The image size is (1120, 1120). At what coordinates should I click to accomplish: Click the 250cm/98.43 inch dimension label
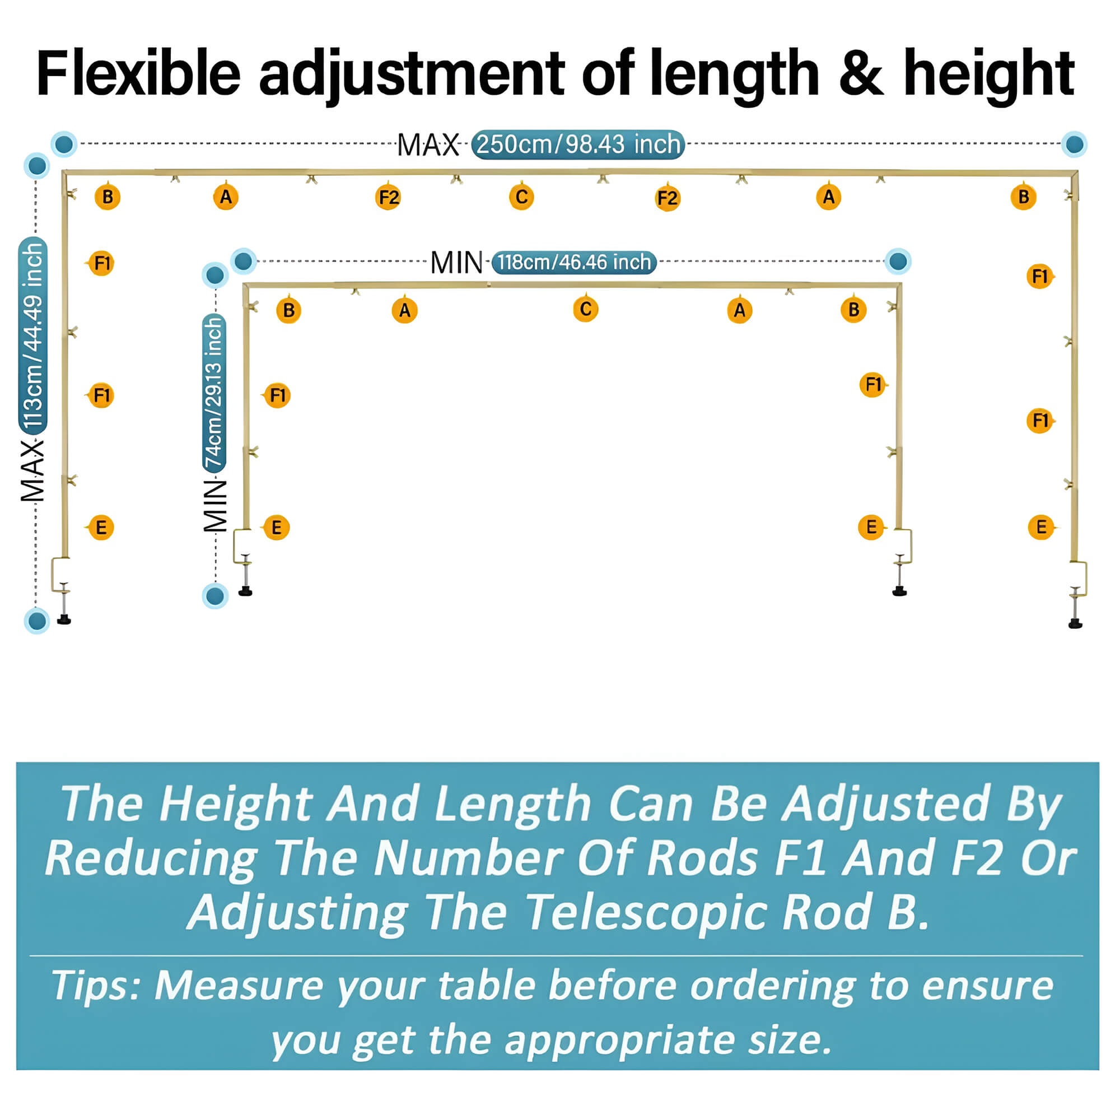coord(578,144)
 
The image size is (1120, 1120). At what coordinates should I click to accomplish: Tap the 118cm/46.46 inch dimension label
coord(574,262)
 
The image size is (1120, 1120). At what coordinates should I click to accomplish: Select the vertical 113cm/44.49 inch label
coord(33,334)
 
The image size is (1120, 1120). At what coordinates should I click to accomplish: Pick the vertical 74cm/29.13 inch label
coord(214,393)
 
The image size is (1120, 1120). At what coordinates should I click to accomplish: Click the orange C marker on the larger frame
coord(521,197)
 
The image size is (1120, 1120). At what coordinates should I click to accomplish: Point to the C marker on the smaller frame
coord(586,309)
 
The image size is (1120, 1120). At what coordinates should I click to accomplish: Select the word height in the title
coord(989,77)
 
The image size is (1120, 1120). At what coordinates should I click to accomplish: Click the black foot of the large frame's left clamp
coord(64,620)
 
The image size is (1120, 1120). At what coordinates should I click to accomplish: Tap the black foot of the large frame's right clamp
coord(1075,624)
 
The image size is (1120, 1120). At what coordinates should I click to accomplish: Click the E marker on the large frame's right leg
coord(1041,528)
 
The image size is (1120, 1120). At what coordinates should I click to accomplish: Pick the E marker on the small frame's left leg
coord(276,528)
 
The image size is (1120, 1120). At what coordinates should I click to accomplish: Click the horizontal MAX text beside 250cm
coord(428,145)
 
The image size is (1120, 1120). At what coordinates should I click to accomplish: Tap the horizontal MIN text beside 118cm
coord(456,263)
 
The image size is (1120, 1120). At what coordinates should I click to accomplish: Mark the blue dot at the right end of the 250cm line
coord(1074,144)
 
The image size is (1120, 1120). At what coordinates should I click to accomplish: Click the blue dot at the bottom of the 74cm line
coord(215,596)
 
